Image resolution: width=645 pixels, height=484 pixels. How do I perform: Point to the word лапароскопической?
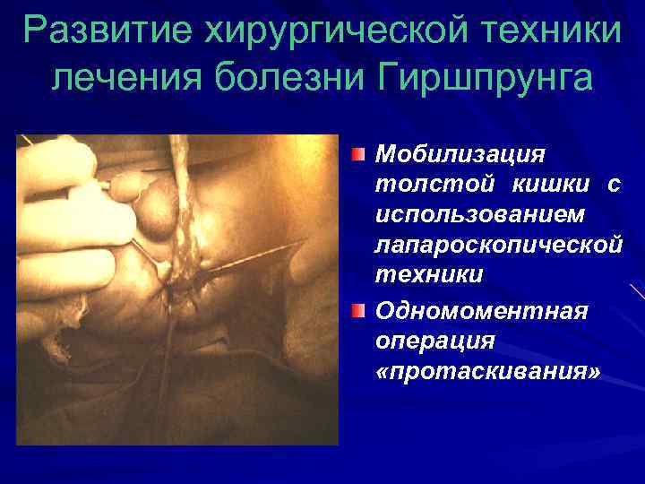point(498,244)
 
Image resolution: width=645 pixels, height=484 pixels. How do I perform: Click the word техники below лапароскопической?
point(429,274)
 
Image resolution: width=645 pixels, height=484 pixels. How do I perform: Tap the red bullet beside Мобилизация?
point(357,153)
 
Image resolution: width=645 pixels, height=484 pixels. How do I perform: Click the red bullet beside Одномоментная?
point(357,310)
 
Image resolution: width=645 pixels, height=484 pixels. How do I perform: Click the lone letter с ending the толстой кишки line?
point(614,185)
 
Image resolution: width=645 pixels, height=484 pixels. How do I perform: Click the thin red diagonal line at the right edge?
point(637,290)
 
